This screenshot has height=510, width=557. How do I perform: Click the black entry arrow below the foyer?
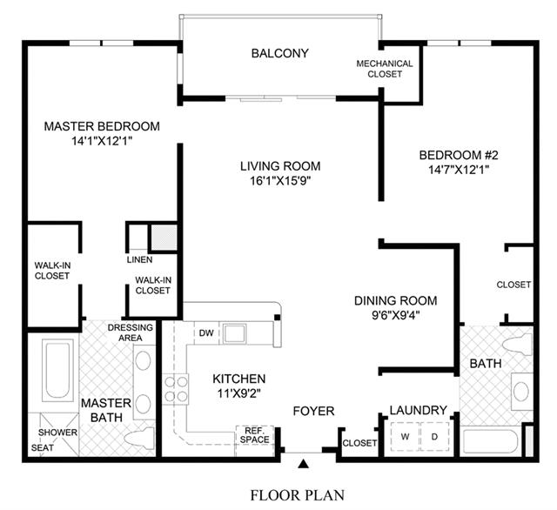[x=303, y=464]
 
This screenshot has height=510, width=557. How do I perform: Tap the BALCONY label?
[x=280, y=53]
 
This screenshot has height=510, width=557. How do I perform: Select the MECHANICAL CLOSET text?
[x=385, y=69]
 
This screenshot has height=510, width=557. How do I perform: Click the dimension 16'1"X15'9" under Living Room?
[x=280, y=181]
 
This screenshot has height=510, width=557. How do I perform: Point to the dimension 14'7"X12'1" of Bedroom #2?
[x=459, y=170]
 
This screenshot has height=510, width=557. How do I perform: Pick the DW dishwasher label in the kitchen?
[x=206, y=332]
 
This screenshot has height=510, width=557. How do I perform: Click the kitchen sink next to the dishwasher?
[x=234, y=333]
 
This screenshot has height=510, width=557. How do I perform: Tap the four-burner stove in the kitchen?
[x=176, y=389]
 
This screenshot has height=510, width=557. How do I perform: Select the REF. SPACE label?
[x=254, y=435]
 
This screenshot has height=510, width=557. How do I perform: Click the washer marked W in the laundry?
[x=405, y=437]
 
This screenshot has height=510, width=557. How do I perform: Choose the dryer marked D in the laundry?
[x=434, y=437]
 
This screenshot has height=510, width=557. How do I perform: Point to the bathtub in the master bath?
[x=57, y=370]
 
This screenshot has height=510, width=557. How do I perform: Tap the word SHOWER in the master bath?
[x=57, y=433]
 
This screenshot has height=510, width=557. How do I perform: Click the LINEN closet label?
[x=139, y=259]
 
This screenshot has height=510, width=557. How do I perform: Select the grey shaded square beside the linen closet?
[x=164, y=238]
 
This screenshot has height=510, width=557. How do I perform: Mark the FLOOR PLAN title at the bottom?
[x=298, y=495]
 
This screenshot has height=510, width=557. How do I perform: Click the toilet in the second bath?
[x=519, y=344]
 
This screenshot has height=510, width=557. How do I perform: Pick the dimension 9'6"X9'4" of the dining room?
[x=396, y=315]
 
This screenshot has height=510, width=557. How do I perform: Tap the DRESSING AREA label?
[x=130, y=332]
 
